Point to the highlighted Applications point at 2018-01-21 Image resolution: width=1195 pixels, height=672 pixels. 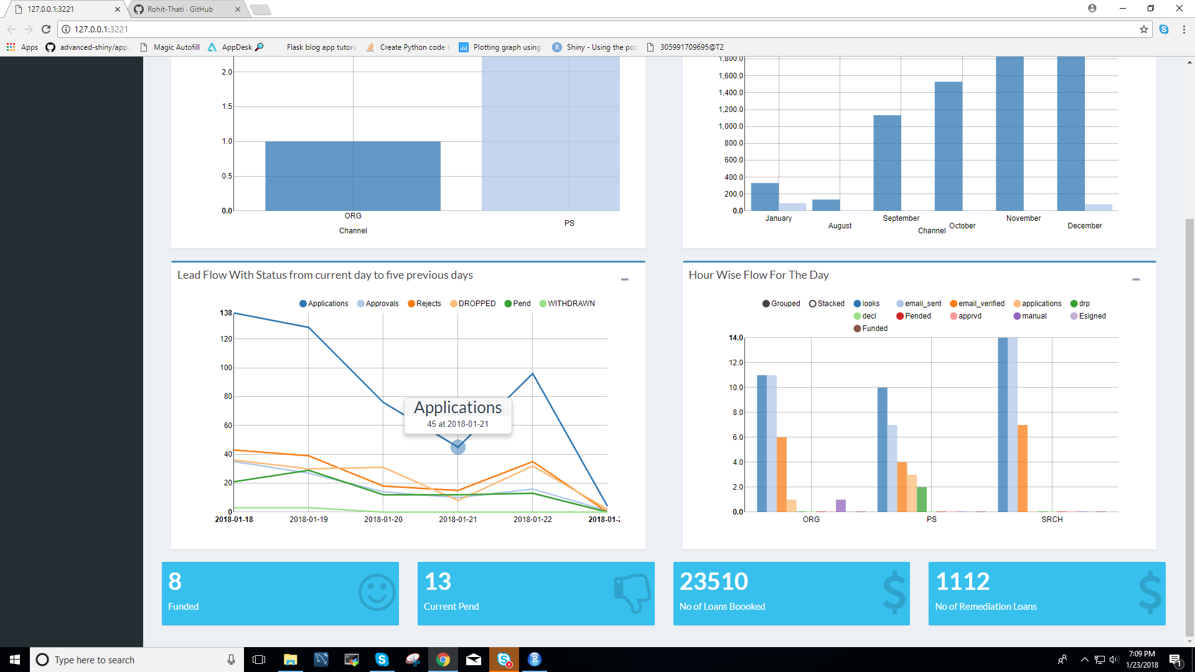click(458, 447)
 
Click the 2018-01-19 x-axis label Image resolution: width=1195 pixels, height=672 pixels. click(308, 520)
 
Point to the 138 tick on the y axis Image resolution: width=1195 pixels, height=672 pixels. click(225, 313)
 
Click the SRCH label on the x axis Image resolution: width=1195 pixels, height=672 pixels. click(1052, 520)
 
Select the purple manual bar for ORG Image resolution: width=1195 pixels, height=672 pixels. click(841, 505)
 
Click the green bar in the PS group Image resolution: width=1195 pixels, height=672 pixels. click(922, 499)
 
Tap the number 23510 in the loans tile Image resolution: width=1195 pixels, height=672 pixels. click(713, 582)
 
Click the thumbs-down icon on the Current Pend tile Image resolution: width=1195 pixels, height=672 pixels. click(632, 593)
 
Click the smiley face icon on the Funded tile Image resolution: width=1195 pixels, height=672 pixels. click(377, 593)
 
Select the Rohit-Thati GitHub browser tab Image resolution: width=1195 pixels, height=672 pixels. click(180, 9)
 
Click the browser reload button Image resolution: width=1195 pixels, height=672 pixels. click(46, 29)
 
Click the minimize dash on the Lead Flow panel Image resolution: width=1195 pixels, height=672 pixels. click(624, 280)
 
